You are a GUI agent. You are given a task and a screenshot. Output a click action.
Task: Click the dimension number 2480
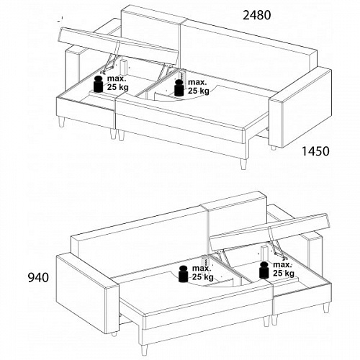pyautogui.click(x=257, y=15)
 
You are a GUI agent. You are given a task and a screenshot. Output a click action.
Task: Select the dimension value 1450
pyautogui.click(x=315, y=151)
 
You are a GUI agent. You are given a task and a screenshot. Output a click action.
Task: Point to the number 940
pyautogui.click(x=38, y=277)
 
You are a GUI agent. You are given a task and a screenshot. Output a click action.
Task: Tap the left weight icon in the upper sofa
pyautogui.click(x=98, y=84)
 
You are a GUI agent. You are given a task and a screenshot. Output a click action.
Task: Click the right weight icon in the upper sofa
pyautogui.click(x=179, y=88)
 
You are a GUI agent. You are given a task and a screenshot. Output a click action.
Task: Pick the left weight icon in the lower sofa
pyautogui.click(x=184, y=274)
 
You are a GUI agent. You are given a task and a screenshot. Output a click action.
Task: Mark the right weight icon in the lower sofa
pyautogui.click(x=264, y=270)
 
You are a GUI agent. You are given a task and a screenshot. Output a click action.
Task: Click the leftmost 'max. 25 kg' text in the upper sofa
pyautogui.click(x=117, y=83)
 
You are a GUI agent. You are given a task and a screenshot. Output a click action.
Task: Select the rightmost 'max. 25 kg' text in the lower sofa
pyautogui.click(x=284, y=269)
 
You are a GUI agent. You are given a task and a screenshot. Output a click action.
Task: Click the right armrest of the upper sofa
pyautogui.click(x=301, y=107)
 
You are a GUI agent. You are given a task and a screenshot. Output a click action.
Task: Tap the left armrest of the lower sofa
pyautogui.click(x=88, y=294)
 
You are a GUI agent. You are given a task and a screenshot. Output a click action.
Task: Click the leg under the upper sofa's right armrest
pyautogui.click(x=274, y=147)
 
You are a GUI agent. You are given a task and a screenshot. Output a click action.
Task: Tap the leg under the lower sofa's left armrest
pyautogui.click(x=114, y=333)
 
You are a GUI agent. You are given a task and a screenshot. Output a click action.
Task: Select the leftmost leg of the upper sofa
pyautogui.click(x=61, y=122)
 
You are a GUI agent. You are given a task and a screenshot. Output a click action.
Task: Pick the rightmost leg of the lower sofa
pyautogui.click(x=326, y=308)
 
